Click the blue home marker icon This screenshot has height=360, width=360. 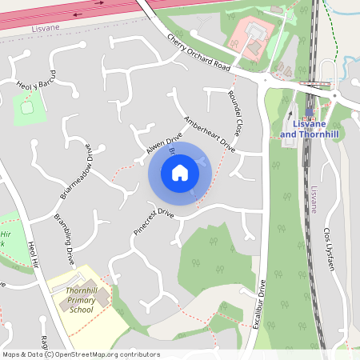(180, 172)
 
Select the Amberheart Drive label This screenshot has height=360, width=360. (210, 134)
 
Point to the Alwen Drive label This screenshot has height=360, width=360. (164, 144)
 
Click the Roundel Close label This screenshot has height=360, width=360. (238, 113)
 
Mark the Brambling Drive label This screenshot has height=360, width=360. (63, 239)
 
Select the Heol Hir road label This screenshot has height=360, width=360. (33, 255)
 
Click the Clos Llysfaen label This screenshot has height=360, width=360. (326, 247)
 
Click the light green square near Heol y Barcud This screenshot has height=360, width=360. (29, 108)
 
